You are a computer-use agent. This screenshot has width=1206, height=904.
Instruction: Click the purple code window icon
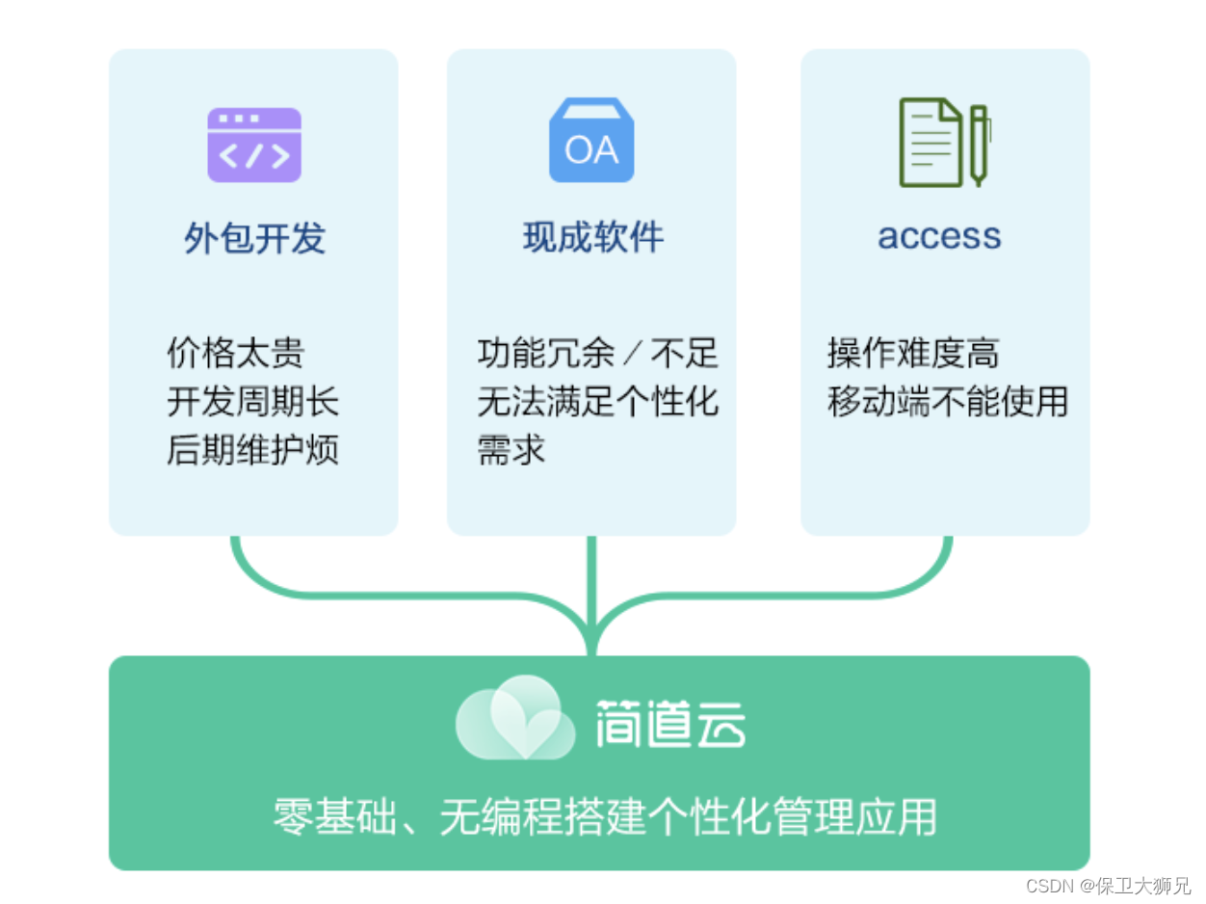click(254, 145)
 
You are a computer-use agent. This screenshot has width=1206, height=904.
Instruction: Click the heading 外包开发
click(254, 238)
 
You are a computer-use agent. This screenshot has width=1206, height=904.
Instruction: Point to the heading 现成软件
click(592, 237)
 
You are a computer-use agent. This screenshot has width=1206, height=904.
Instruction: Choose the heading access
click(939, 236)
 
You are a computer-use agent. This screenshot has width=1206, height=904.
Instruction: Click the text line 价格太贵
click(235, 353)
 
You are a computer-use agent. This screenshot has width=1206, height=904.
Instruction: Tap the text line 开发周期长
click(252, 402)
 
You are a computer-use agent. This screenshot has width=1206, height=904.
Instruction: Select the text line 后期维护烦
click(252, 450)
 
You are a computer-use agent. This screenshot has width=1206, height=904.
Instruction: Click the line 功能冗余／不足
click(597, 353)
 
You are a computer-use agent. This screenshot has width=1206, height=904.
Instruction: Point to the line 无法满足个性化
click(597, 401)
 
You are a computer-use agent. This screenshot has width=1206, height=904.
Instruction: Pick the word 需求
click(511, 450)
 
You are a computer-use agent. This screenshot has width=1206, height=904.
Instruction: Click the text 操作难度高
click(912, 353)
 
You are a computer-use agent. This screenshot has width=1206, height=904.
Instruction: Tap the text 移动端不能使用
click(948, 401)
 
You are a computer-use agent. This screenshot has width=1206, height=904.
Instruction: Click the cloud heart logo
click(514, 718)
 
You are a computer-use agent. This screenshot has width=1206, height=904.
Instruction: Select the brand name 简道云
click(670, 723)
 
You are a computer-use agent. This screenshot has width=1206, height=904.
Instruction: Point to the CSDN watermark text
click(1108, 885)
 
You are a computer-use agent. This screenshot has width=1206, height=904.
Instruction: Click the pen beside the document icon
click(979, 145)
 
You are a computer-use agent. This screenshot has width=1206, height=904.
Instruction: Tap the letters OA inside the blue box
click(591, 151)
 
